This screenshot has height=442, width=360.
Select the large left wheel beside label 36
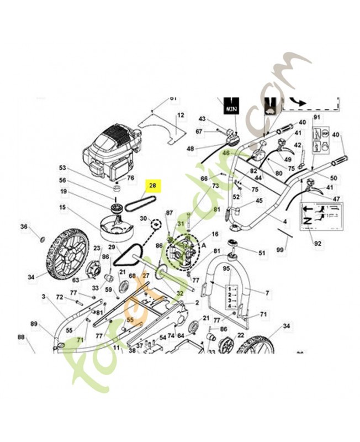pos(66,254)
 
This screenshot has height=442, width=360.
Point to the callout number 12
pos(180,115)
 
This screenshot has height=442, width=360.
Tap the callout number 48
pos(190,149)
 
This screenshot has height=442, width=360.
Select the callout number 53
pos(62,167)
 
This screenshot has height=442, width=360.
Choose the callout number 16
pos(215,234)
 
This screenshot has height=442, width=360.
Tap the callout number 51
pos(262,253)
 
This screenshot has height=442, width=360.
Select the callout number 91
pos(316,118)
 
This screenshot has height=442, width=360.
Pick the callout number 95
pos(226,269)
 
